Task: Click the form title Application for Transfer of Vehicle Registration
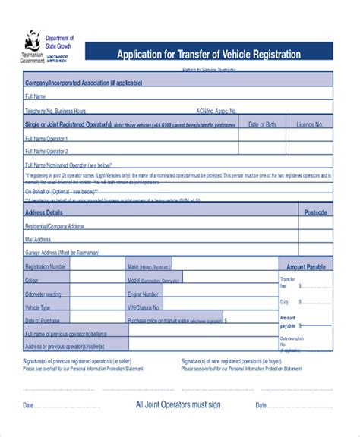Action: click(207, 55)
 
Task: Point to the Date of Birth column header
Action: click(262, 124)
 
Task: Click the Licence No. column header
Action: click(309, 124)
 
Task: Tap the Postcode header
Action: click(315, 213)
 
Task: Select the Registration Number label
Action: click(46, 267)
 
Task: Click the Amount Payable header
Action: click(305, 267)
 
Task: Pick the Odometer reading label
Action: click(43, 294)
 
